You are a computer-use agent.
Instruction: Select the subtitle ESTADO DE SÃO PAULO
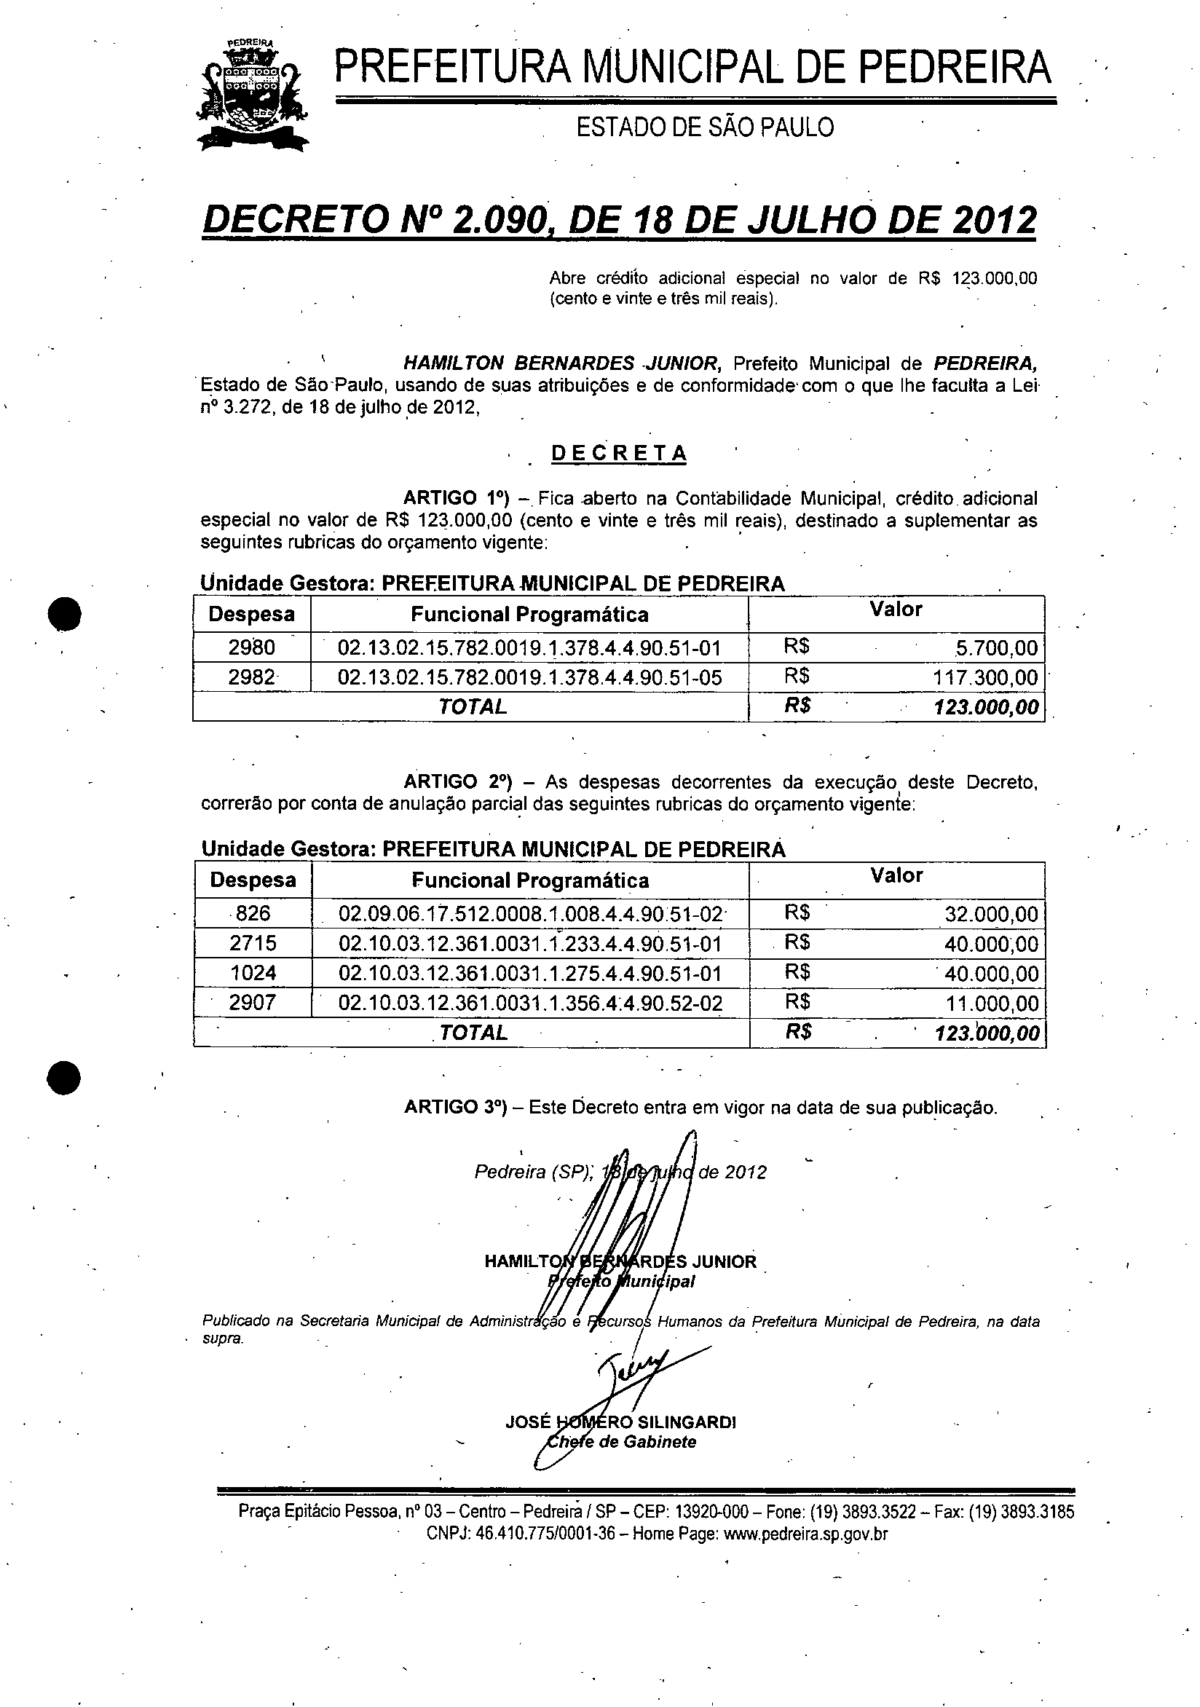click(705, 128)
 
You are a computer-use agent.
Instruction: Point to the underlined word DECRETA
click(619, 454)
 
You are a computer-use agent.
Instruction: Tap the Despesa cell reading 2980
click(251, 647)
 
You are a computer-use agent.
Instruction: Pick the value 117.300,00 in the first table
click(985, 677)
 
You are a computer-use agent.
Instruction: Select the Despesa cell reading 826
click(253, 913)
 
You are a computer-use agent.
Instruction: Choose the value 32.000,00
click(991, 914)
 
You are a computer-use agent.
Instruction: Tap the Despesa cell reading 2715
click(253, 944)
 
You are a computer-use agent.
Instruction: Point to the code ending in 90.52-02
click(530, 1004)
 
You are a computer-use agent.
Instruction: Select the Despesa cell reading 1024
click(253, 973)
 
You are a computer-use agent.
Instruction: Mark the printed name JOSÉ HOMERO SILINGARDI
click(620, 1422)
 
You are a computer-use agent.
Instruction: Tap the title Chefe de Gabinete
click(621, 1442)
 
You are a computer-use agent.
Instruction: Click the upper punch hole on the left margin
click(65, 613)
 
